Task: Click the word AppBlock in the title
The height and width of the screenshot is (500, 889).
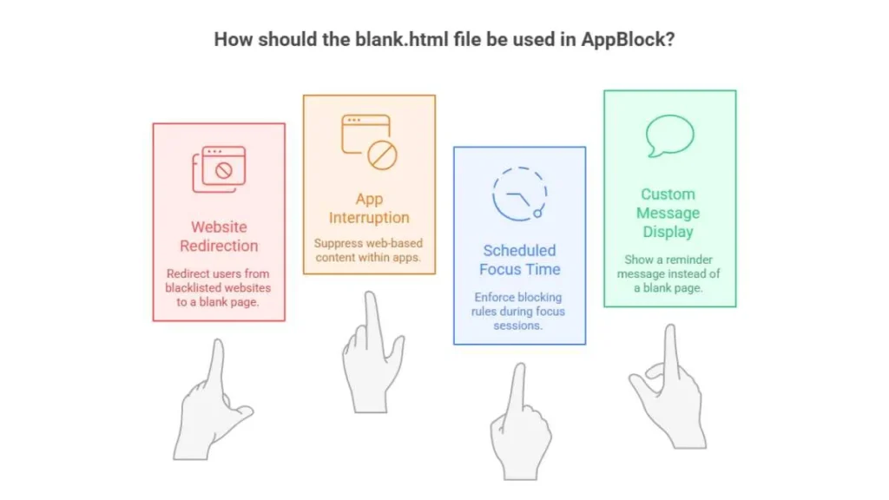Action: pyautogui.click(x=627, y=40)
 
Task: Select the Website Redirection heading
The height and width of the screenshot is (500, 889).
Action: pyautogui.click(x=219, y=236)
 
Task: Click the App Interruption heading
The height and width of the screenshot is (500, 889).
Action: pyautogui.click(x=369, y=208)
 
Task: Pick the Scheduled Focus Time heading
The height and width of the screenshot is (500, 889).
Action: pyautogui.click(x=519, y=260)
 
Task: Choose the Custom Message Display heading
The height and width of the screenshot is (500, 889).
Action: pyautogui.click(x=668, y=213)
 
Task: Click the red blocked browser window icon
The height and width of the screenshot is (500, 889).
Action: pyautogui.click(x=219, y=169)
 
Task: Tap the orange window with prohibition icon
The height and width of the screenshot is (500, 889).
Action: pyautogui.click(x=369, y=141)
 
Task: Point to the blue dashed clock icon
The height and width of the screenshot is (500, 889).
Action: pyautogui.click(x=519, y=194)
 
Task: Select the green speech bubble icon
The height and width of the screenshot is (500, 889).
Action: pyautogui.click(x=669, y=135)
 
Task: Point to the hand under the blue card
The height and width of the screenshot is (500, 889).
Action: pyautogui.click(x=520, y=423)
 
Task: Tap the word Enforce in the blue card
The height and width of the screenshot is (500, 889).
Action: pyautogui.click(x=493, y=297)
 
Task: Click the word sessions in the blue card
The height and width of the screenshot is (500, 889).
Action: pyautogui.click(x=517, y=326)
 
